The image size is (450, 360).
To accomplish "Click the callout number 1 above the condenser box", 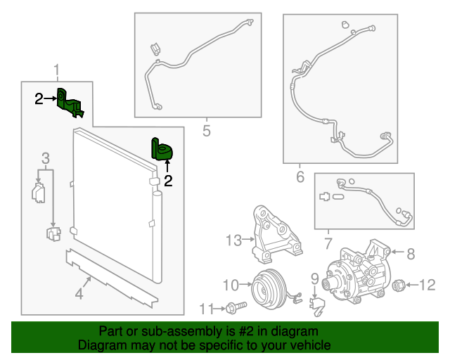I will (57, 70).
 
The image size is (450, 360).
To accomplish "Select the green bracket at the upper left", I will (70, 102).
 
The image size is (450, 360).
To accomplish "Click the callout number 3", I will (45, 157).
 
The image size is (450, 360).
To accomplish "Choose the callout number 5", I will (206, 130).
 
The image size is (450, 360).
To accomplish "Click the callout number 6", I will (300, 176).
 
